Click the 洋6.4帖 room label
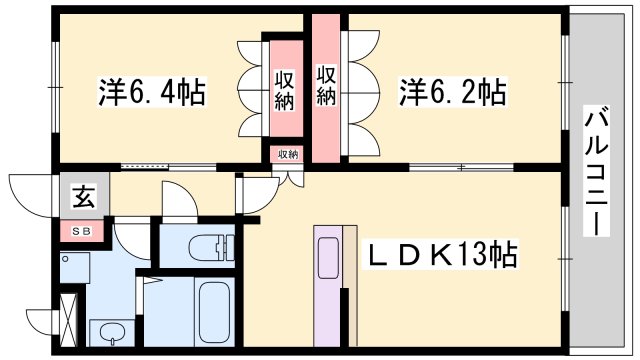click(x=152, y=93)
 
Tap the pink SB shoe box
click(x=81, y=232)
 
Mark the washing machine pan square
click(x=74, y=265)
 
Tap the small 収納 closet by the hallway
click(x=288, y=154)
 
